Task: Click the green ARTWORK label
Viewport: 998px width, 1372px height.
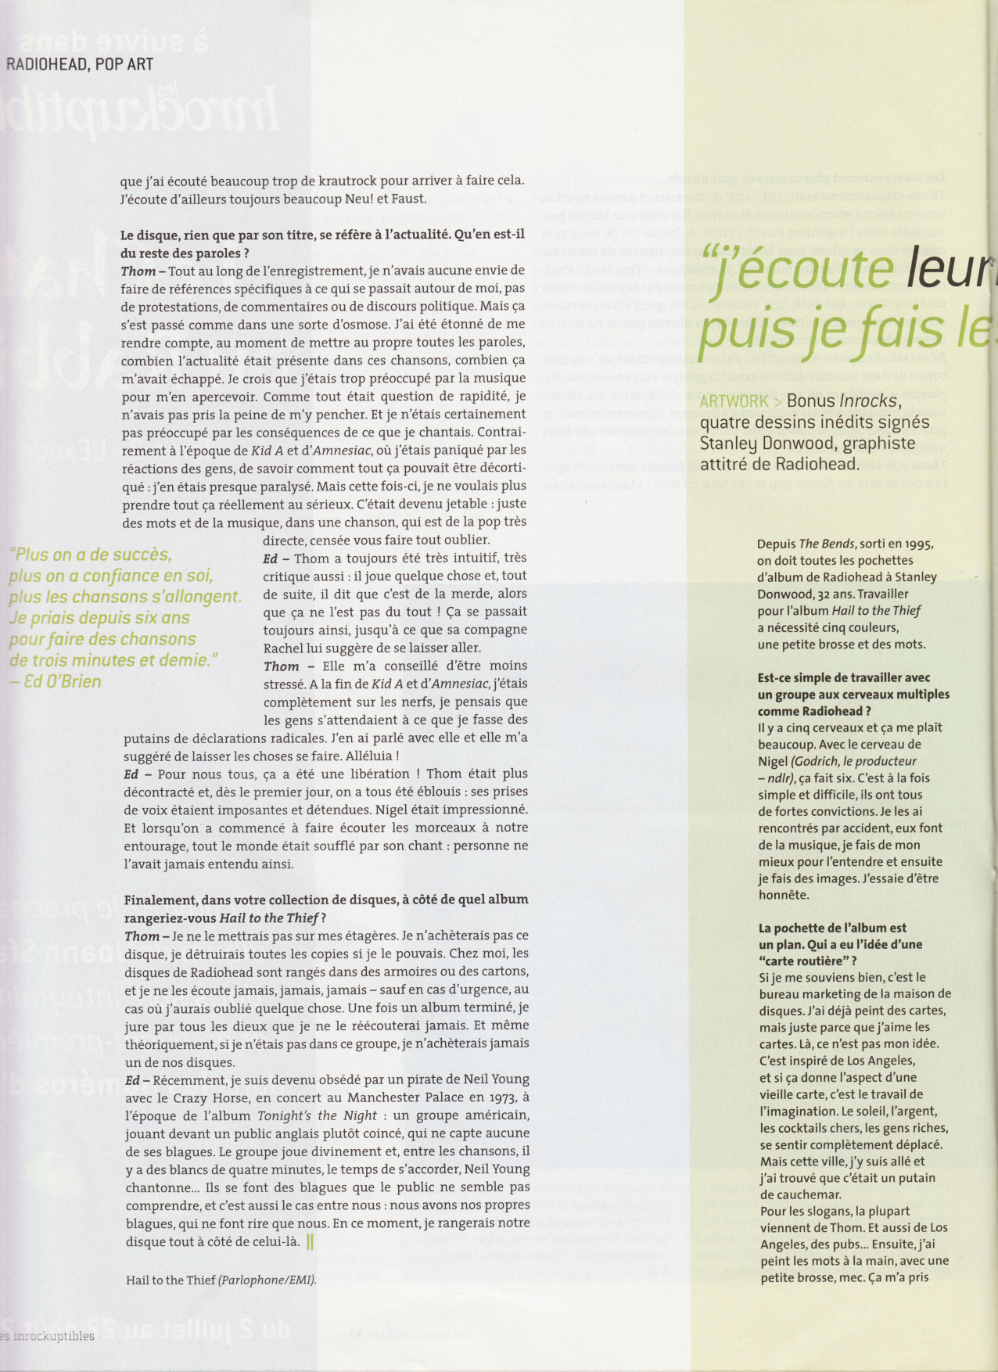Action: (734, 401)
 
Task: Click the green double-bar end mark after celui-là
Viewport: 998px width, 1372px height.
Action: (310, 1241)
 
